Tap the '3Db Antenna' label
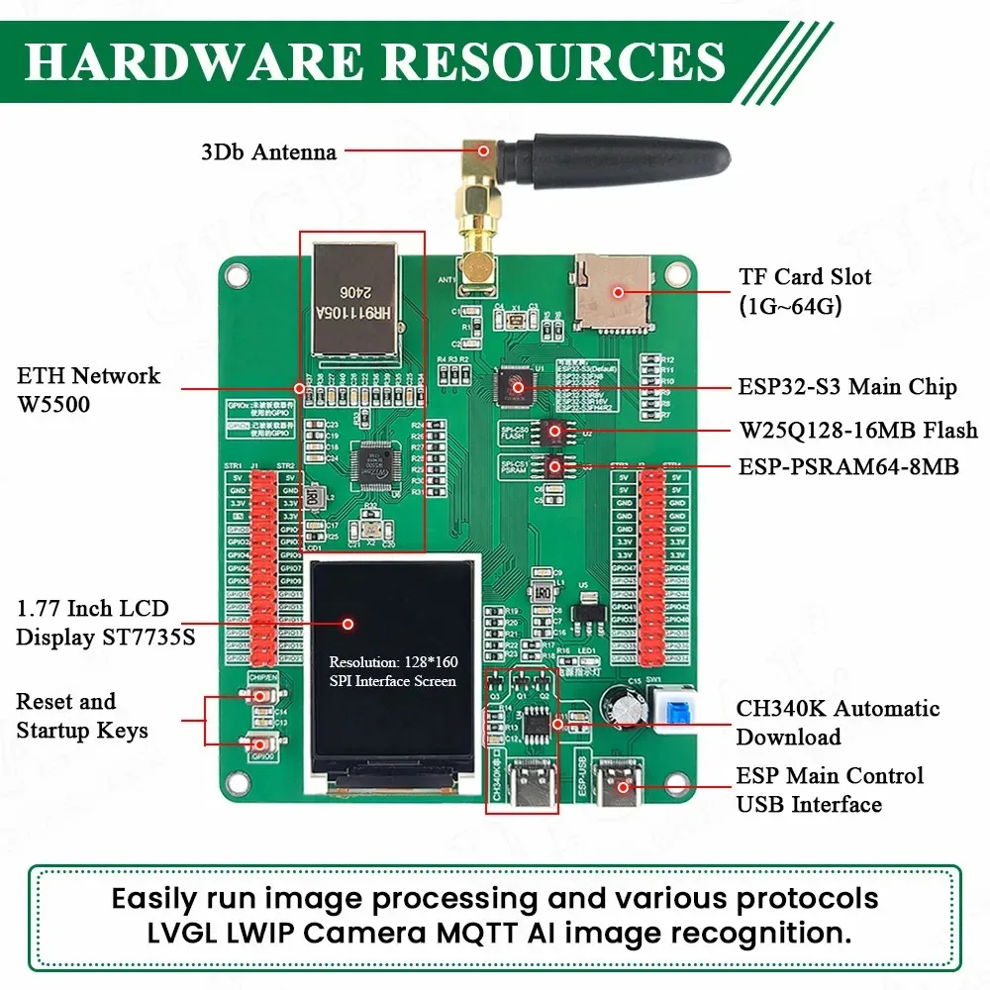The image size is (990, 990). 268,152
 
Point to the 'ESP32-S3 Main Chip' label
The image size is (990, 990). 847,386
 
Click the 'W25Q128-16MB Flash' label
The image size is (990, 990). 857,430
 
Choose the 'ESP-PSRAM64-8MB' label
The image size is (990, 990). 848,466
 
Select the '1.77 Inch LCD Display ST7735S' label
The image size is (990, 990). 105,623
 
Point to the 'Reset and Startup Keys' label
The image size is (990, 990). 82,716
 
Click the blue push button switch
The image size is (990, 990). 676,711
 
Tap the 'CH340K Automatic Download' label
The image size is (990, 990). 838,723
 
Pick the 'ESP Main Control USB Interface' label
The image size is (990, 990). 830,790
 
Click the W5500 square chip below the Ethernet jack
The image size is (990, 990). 375,460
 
